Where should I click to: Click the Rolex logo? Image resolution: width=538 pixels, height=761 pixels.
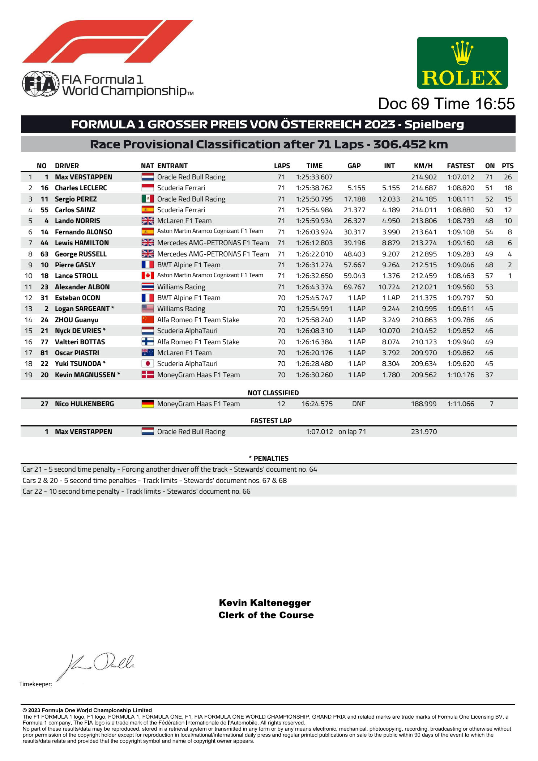462,63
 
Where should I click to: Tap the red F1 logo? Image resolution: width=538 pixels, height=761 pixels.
107,41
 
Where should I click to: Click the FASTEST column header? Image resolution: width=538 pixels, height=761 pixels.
460,166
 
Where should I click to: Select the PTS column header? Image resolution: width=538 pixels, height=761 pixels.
507,166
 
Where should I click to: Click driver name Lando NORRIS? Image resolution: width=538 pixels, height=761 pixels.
77,221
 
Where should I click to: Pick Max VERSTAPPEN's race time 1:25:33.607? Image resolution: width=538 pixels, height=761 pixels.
314,177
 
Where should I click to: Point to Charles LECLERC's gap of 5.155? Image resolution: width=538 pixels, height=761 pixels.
356,188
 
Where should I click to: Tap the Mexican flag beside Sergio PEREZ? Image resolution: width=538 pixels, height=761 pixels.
148,199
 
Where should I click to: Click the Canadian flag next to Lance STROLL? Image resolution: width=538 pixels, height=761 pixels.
148,276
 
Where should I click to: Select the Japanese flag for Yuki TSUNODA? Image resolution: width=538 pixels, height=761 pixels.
148,364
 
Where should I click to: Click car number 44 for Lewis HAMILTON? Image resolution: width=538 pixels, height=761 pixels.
44,243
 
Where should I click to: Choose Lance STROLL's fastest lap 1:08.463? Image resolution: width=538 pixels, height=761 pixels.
461,276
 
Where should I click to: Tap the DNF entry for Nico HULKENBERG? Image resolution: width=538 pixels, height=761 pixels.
358,404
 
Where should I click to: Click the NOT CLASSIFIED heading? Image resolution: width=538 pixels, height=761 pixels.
273,393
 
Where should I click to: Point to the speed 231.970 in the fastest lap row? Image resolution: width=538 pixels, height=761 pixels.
424,431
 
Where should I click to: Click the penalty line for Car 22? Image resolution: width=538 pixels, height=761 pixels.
136,491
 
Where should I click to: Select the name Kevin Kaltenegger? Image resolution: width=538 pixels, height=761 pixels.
265,603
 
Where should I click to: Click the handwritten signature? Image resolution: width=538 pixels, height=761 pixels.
98,664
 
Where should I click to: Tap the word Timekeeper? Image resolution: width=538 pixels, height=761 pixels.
35,684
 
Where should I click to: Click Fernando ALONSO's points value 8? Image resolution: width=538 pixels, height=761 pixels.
509,232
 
